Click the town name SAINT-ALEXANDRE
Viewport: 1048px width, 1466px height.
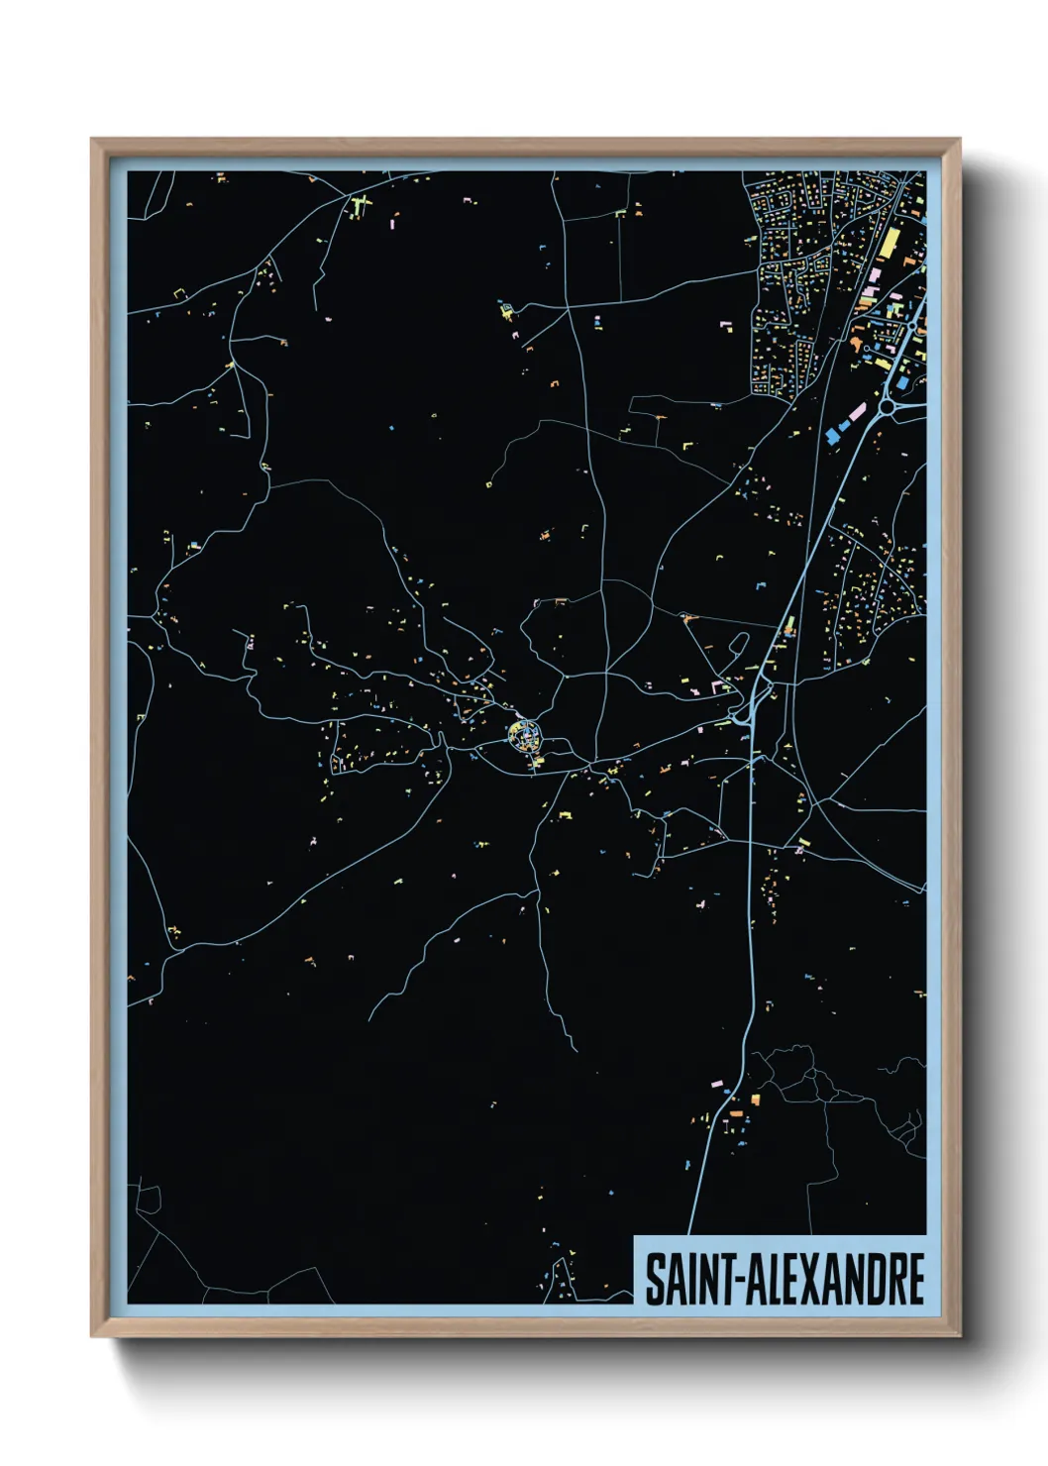(785, 1279)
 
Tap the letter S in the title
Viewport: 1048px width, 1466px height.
(655, 1279)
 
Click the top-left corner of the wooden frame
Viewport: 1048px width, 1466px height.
(92, 140)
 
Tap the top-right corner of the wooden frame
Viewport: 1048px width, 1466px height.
(959, 140)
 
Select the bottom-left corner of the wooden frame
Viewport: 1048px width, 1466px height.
(92, 1335)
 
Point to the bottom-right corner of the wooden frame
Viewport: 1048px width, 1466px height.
(959, 1335)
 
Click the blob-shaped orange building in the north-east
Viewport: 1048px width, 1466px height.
(852, 344)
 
